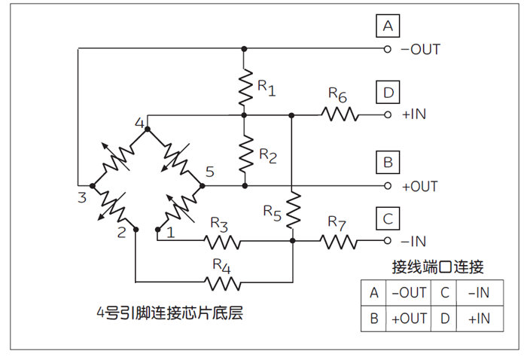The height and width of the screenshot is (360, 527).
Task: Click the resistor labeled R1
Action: tap(245, 87)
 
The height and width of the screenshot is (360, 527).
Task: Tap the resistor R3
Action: tap(224, 242)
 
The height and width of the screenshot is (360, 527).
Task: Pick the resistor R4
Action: tap(224, 283)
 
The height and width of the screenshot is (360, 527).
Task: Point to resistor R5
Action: tap(292, 210)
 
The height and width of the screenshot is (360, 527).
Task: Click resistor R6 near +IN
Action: tap(340, 114)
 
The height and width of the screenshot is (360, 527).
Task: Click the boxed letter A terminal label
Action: tap(388, 26)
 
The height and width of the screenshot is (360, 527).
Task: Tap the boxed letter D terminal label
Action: tap(388, 93)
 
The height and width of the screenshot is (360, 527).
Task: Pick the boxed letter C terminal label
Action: tap(388, 219)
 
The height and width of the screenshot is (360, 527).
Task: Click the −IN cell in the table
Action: tap(479, 292)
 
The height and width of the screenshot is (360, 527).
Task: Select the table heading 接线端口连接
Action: tap(437, 267)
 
